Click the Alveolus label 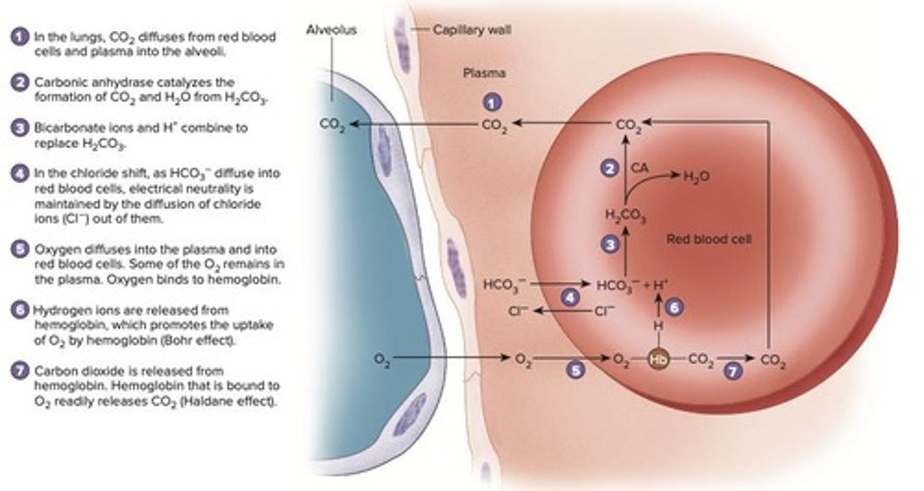click(x=331, y=29)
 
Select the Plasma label click(x=484, y=73)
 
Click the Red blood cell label click(x=708, y=240)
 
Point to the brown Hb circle click(x=659, y=360)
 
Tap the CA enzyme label click(x=640, y=168)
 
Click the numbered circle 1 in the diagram click(x=492, y=103)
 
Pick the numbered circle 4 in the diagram click(x=569, y=297)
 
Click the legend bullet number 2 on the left click(x=19, y=83)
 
